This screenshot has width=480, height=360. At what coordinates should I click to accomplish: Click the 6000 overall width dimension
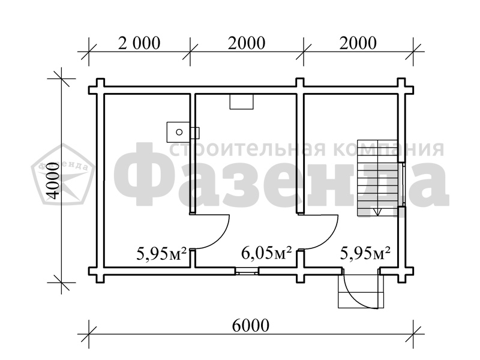pos(251,325)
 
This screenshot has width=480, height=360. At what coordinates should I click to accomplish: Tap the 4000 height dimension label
pos(53,181)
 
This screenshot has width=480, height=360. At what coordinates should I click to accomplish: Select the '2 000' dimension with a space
pos(139,43)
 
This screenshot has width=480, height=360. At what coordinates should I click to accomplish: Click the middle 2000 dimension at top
pos(247,43)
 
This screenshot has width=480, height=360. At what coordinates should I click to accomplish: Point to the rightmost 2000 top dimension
pos(358,43)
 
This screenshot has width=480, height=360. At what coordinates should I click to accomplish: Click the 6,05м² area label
pos(266,253)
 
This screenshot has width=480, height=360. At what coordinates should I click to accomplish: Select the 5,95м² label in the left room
pos(161,253)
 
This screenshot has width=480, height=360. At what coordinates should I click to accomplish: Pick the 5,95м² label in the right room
pos(365,253)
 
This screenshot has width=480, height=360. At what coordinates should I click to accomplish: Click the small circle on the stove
pos(179,132)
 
